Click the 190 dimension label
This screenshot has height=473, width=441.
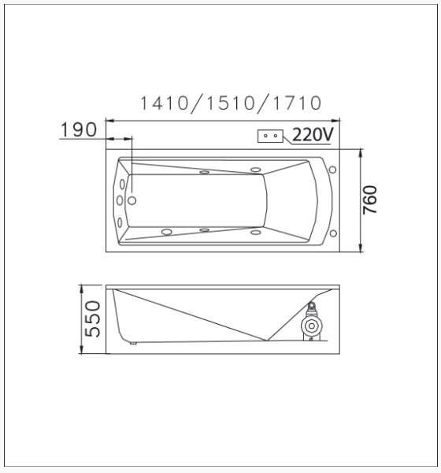79,129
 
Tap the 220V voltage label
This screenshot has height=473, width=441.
312,135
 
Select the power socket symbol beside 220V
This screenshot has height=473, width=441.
271,136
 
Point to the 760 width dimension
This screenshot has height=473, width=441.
371,200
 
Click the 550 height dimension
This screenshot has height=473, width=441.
93,318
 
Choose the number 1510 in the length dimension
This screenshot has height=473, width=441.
230,103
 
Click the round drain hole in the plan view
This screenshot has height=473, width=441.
132,200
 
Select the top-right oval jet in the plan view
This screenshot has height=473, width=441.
255,168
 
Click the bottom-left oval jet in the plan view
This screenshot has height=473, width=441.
166,232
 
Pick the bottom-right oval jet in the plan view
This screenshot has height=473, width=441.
255,232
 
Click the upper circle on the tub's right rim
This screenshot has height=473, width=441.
333,169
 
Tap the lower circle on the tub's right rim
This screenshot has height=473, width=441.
333,233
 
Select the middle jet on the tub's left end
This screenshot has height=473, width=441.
120,200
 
